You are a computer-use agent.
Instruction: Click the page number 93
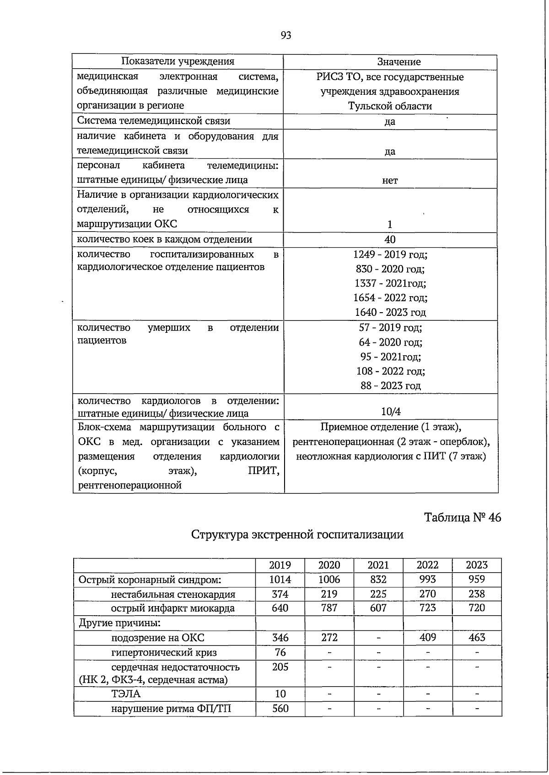point(285,36)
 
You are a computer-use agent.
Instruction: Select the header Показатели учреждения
point(178,62)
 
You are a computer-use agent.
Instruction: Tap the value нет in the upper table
point(390,181)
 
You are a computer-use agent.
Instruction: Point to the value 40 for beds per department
point(390,239)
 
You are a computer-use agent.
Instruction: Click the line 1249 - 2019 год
point(390,255)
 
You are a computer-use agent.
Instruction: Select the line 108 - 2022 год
point(390,371)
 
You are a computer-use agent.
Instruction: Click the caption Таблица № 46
point(463,517)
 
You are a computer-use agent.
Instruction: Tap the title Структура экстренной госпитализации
point(297,534)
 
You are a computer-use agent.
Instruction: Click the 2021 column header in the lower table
point(378,565)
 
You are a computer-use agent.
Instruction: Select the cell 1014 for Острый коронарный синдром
point(280,580)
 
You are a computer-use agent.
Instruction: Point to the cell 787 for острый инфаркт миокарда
point(329,608)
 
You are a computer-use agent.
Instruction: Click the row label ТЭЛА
point(125,694)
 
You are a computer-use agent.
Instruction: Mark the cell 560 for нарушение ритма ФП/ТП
point(280,709)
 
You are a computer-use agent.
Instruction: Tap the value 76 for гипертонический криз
point(280,652)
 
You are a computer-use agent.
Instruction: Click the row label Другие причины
point(119,623)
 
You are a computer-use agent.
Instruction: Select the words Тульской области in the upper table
point(390,106)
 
